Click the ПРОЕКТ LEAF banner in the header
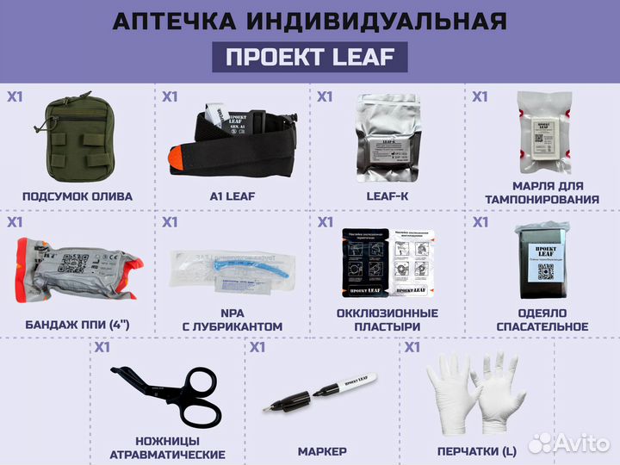click(310, 57)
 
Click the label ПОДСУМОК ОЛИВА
click(77, 196)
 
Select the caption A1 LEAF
click(232, 196)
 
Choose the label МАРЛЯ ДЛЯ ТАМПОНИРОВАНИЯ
click(542, 193)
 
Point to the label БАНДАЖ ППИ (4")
click(77, 325)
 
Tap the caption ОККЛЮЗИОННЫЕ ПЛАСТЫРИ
click(387, 319)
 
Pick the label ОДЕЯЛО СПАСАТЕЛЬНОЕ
click(542, 319)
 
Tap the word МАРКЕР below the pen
click(322, 451)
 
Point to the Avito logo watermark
click(569, 443)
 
